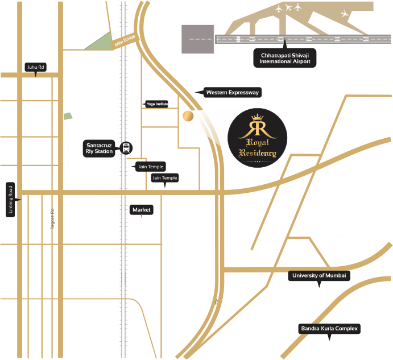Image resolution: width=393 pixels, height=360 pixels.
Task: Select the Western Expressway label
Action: pyautogui.click(x=232, y=92)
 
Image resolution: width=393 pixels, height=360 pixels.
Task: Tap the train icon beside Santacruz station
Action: pyautogui.click(x=126, y=148)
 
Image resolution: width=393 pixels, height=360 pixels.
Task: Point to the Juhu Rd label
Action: pyautogui.click(x=36, y=67)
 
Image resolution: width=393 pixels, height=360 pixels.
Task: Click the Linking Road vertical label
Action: pyautogui.click(x=10, y=200)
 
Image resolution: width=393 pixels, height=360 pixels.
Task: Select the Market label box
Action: pyautogui.click(x=142, y=210)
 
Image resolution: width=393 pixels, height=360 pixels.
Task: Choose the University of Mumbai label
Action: pyautogui.click(x=318, y=276)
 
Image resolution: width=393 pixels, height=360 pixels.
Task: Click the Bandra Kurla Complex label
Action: pyautogui.click(x=329, y=329)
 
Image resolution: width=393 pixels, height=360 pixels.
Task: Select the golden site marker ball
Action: pyautogui.click(x=188, y=116)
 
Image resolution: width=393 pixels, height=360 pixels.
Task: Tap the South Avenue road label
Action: pyautogui.click(x=93, y=294)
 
